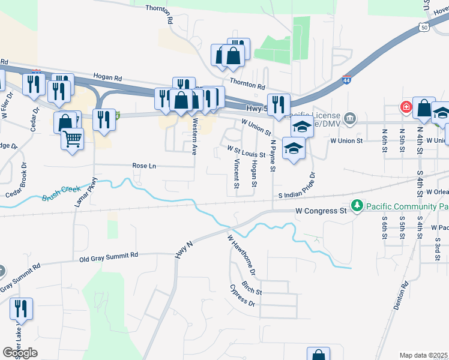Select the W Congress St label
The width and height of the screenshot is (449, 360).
pyautogui.click(x=322, y=211)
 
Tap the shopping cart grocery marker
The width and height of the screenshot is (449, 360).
pyautogui.click(x=72, y=140)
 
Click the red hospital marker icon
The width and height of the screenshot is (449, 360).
pyautogui.click(x=406, y=107)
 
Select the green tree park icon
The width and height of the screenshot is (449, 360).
pyautogui.click(x=357, y=206)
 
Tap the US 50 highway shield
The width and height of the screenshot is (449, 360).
pyautogui.click(x=424, y=28)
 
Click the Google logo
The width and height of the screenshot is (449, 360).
pyautogui.click(x=20, y=352)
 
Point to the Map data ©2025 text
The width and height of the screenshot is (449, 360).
pyautogui.click(x=424, y=355)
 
